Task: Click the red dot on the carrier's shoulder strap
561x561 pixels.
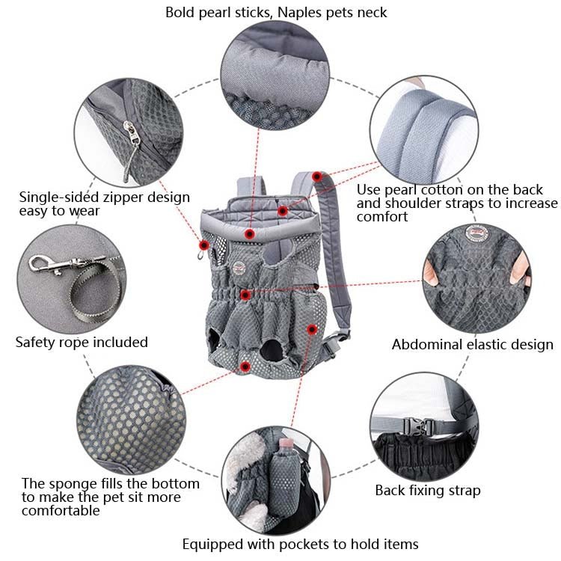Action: point(317,177)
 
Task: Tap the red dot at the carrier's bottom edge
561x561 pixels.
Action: point(246,365)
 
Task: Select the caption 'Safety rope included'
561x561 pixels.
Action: point(82,343)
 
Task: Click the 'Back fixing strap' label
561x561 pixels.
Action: point(427,491)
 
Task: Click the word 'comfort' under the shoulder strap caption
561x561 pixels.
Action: point(381,217)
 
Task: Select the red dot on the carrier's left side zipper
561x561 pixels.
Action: point(203,245)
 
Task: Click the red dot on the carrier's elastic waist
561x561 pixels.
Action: point(245,295)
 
